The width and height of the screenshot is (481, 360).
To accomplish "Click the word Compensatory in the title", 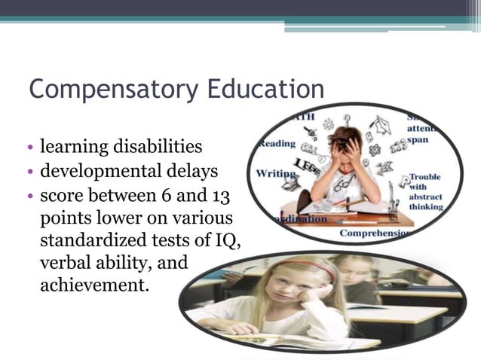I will (102, 90).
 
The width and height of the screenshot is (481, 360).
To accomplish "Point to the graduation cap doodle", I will (380, 124).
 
